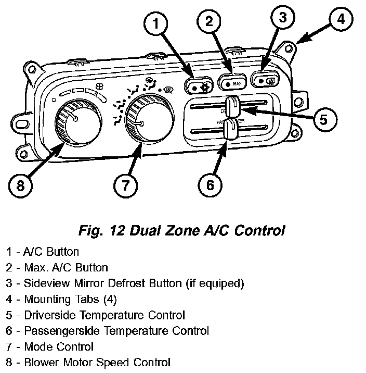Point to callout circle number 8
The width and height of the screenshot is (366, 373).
point(20,185)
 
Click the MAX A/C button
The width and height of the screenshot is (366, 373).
point(231,83)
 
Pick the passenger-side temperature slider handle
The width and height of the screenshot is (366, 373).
point(229,129)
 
